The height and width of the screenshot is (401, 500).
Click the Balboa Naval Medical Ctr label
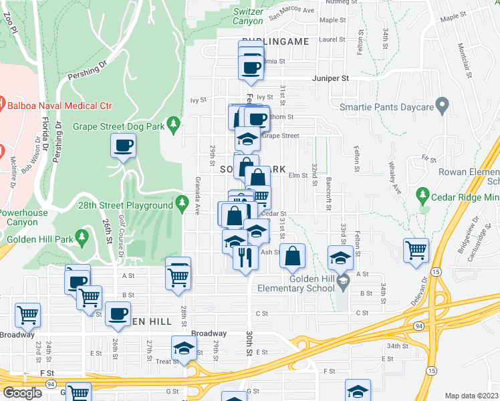59,106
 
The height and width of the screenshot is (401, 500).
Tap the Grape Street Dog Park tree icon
174,124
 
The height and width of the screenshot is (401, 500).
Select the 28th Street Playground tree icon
181,203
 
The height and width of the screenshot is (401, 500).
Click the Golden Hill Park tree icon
82,236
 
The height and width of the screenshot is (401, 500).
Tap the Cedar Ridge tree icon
422,195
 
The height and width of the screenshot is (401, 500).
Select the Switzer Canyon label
248,16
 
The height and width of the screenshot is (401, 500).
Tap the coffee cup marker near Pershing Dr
124,145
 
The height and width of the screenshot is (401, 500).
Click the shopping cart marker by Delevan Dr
416,250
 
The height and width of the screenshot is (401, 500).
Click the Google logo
23,393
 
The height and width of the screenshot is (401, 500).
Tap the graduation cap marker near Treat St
184,348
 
